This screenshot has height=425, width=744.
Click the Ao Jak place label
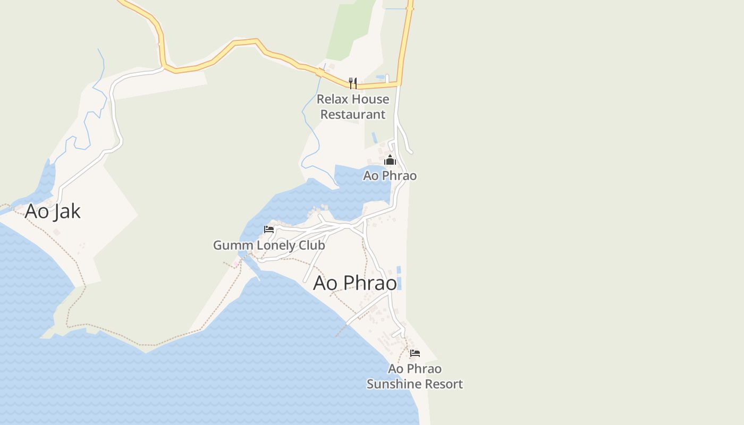(53, 211)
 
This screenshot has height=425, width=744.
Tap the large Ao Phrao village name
(355, 283)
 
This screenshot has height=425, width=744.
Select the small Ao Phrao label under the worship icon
(390, 175)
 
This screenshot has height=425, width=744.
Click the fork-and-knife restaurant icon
(352, 83)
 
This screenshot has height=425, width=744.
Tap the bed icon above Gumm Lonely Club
(269, 229)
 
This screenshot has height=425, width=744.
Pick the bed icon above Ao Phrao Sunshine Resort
(415, 353)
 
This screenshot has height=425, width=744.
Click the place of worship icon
(390, 160)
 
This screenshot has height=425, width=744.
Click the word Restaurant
(353, 114)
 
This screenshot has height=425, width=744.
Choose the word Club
(314, 245)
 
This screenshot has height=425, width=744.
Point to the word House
(370, 99)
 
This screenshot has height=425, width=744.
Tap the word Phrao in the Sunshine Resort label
(425, 368)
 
